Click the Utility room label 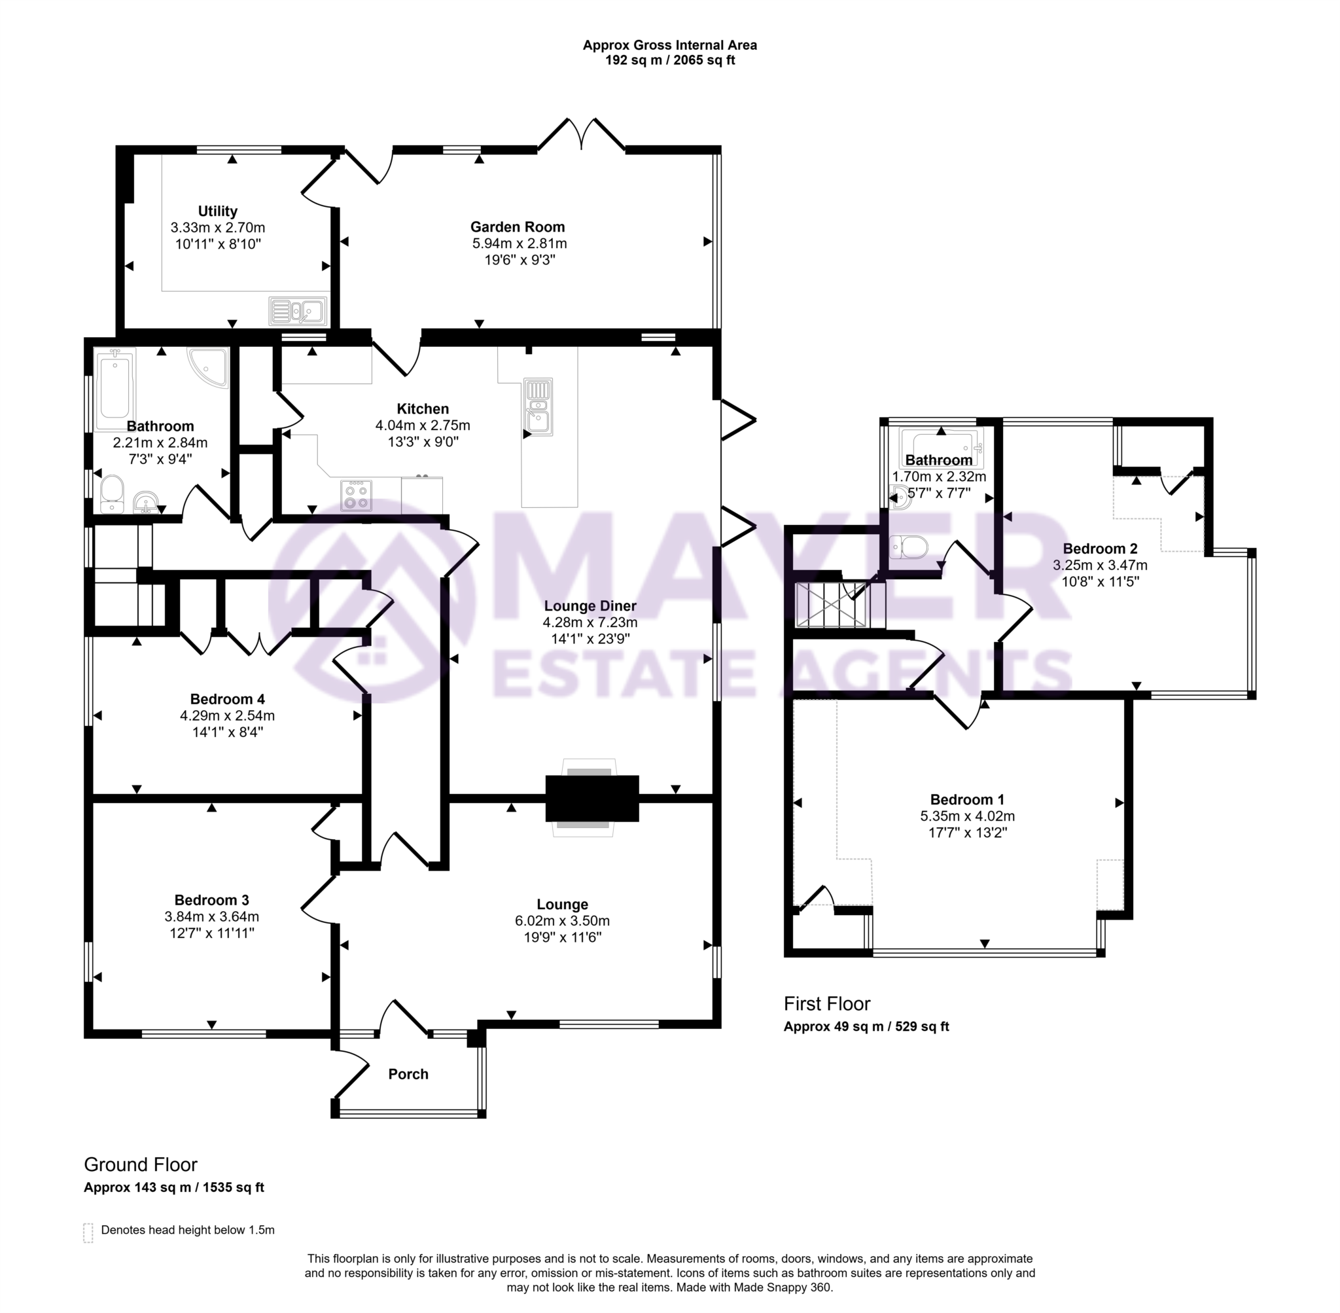point(217,211)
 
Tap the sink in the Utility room point(298,311)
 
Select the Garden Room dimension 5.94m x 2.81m point(519,243)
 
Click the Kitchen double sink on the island point(538,406)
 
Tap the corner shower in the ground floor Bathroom point(209,366)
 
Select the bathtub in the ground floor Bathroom point(115,389)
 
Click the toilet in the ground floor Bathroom point(111,493)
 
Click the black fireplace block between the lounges point(591,799)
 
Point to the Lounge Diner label point(590,606)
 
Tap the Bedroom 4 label point(228,699)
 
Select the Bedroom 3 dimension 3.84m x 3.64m point(211,916)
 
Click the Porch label point(408,1073)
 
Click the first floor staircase point(839,605)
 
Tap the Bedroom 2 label point(1099,549)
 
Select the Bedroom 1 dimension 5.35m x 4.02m point(967,816)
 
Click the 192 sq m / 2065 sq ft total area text point(669,61)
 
